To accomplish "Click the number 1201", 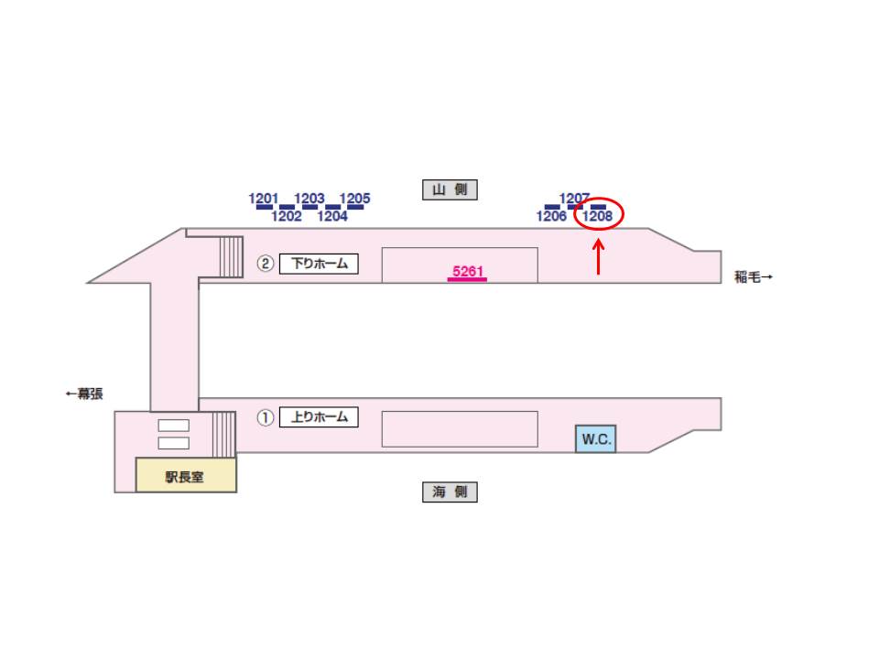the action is pos(263,199).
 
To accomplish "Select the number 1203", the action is pos(309,199).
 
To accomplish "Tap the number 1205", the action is pos(355,199).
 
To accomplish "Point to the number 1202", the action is pos(287,216).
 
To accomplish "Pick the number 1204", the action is pos(332,216).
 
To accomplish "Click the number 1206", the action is pos(551,216).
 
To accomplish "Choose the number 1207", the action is pos(574,199).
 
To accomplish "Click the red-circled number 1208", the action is pos(597,216).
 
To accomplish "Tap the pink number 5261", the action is pos(468,272).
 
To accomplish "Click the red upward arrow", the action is pos(599,257).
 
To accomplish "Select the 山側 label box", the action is pos(450,189).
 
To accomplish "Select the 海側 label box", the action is pos(450,492).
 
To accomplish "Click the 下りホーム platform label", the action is pos(319,264).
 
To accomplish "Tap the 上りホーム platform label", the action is pos(319,417).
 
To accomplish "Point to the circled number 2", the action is pos(266,264).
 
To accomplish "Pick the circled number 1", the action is pos(266,417).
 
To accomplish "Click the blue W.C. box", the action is pos(596,438).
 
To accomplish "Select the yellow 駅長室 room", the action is pos(186,475).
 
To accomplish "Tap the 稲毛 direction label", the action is pos(754,276).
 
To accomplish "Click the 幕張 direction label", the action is pos(84,394).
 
